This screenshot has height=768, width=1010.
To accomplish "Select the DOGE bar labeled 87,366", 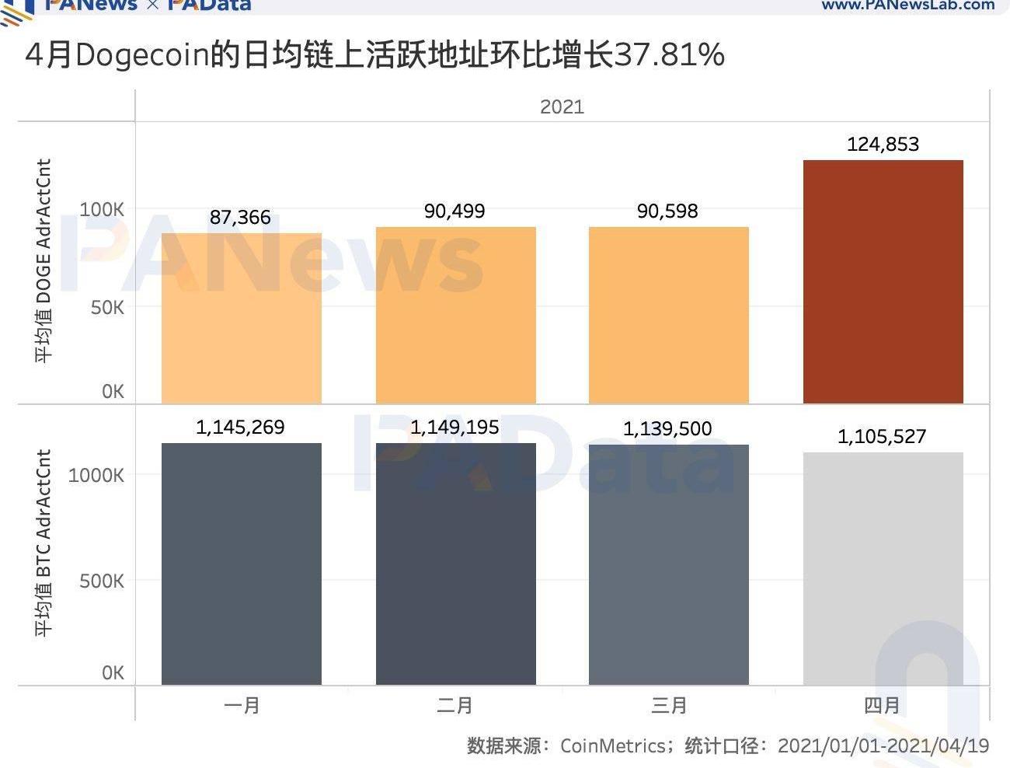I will pyautogui.click(x=242, y=318).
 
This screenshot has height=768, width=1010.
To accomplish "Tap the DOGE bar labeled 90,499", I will pyautogui.click(x=455, y=315).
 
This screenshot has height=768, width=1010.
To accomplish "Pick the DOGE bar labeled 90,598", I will pyautogui.click(x=668, y=315).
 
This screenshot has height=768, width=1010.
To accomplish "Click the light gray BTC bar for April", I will pyautogui.click(x=883, y=568).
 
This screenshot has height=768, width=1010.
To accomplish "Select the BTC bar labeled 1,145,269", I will pyautogui.click(x=242, y=564).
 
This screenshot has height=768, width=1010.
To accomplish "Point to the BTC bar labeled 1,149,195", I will pyautogui.click(x=455, y=564).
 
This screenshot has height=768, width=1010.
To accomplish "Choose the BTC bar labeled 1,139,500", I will pyautogui.click(x=668, y=564).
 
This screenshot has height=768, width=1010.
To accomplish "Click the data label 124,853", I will pyautogui.click(x=883, y=144).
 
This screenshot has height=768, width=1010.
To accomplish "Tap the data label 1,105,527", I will pyautogui.click(x=882, y=436).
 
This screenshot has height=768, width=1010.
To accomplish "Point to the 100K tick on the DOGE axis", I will pyautogui.click(x=102, y=210).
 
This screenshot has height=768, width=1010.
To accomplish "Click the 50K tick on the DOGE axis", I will pyautogui.click(x=107, y=308).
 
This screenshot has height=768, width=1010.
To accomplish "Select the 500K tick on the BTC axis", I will pyautogui.click(x=102, y=581).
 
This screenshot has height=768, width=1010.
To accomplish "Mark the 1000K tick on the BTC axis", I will pyautogui.click(x=96, y=475).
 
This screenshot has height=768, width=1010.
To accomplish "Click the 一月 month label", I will pyautogui.click(x=242, y=705).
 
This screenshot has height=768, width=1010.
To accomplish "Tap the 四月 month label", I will pyautogui.click(x=882, y=705).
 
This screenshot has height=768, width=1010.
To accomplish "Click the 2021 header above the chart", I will pyautogui.click(x=562, y=106).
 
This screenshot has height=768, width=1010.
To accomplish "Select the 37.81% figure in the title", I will pyautogui.click(x=669, y=55).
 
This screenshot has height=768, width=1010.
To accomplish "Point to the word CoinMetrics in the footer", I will pyautogui.click(x=612, y=746).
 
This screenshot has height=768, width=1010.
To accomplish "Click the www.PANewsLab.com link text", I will pyautogui.click(x=907, y=5).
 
